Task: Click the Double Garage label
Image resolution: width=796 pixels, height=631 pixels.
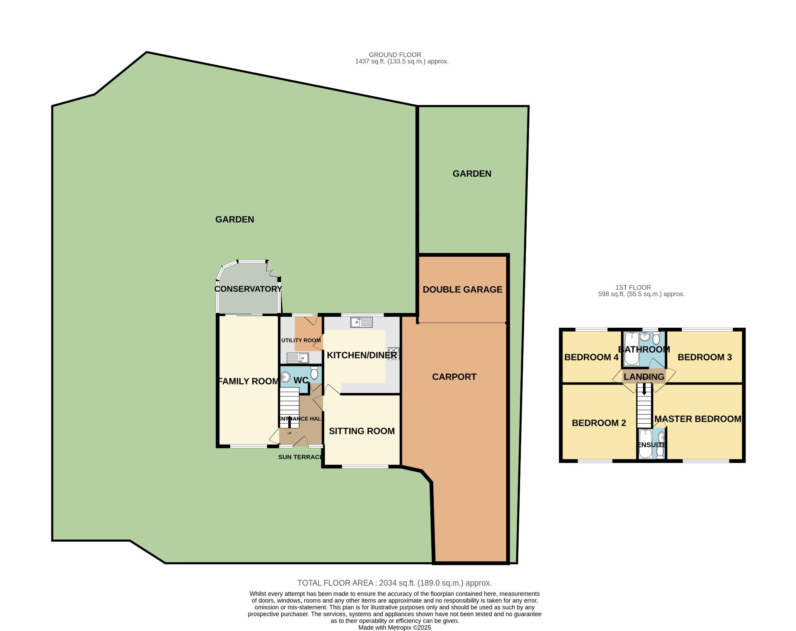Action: click(x=463, y=290)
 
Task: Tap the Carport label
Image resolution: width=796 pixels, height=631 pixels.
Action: click(x=454, y=377)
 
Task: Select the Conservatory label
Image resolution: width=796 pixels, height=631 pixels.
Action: click(x=248, y=289)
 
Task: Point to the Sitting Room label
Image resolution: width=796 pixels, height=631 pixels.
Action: click(x=362, y=431)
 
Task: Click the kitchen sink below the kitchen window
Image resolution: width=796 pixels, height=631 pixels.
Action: click(x=361, y=322)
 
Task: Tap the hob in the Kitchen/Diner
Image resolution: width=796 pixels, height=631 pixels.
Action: click(x=393, y=353)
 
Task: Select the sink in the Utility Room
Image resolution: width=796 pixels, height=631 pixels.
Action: click(x=298, y=358)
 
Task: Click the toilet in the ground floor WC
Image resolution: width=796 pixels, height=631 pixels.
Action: click(x=314, y=373)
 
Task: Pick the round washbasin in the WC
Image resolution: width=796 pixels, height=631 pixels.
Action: click(x=285, y=377)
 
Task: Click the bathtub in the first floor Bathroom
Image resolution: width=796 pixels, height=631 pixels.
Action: click(x=632, y=349)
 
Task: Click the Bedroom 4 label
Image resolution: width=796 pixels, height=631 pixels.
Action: click(x=591, y=357)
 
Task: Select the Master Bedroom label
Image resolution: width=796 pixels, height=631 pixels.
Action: click(x=698, y=419)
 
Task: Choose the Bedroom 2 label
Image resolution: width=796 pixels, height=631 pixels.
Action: click(x=599, y=423)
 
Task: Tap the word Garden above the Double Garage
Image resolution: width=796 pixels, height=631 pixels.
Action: click(x=472, y=174)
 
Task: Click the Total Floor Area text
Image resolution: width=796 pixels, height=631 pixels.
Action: click(x=395, y=583)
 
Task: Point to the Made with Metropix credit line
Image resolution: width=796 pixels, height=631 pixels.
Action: click(x=395, y=628)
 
